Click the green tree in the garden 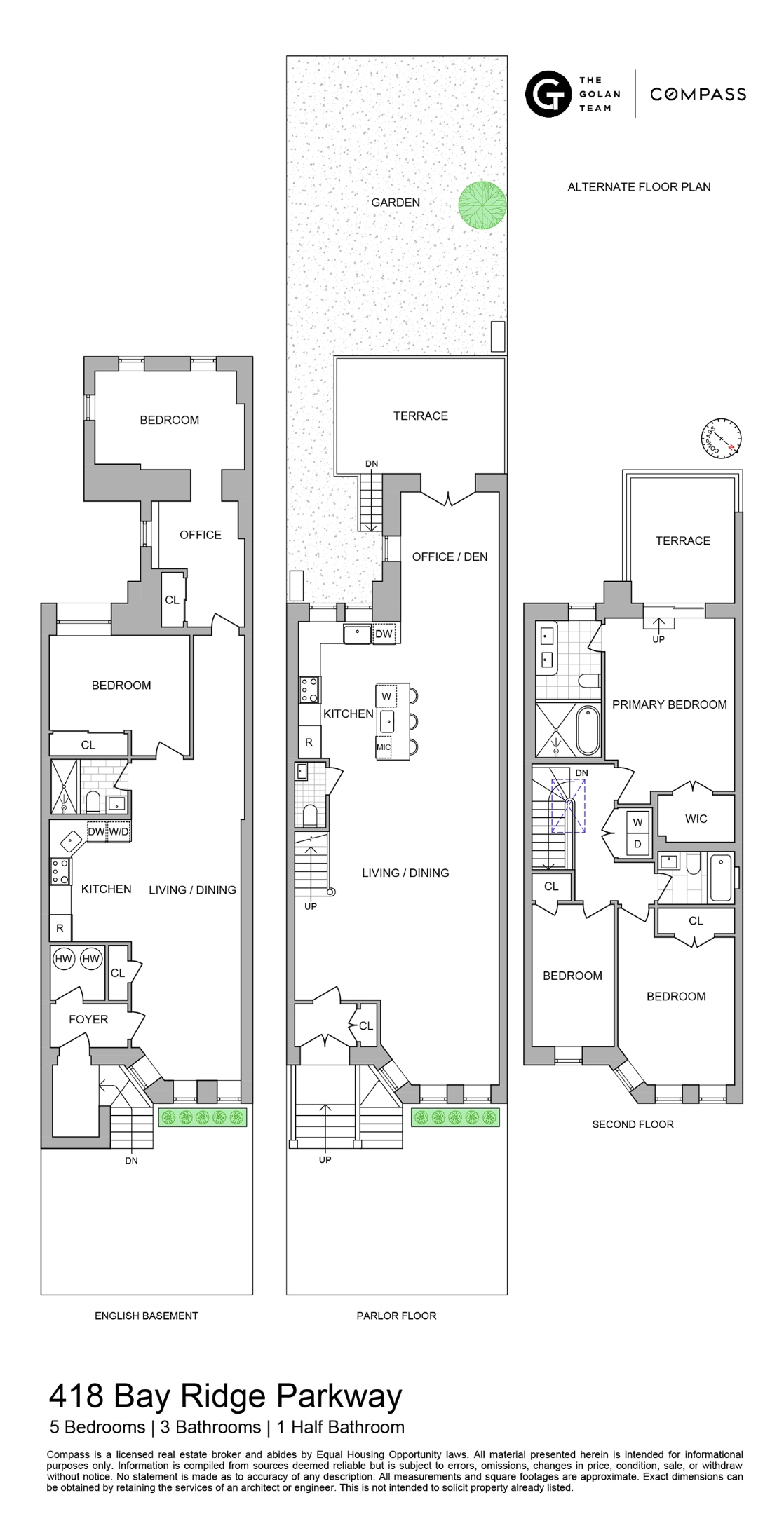pyautogui.click(x=482, y=205)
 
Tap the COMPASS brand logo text pyautogui.click(x=698, y=94)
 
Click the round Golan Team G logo pyautogui.click(x=548, y=93)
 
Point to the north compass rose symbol pyautogui.click(x=721, y=439)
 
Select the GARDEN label pyautogui.click(x=396, y=203)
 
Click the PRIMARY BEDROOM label pyautogui.click(x=670, y=704)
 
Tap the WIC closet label pyautogui.click(x=696, y=819)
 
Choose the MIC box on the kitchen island pyautogui.click(x=384, y=747)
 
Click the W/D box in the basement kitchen pyautogui.click(x=119, y=832)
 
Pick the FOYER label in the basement pyautogui.click(x=88, y=1019)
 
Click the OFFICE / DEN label pyautogui.click(x=450, y=557)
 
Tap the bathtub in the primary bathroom pyautogui.click(x=589, y=730)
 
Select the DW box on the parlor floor pyautogui.click(x=384, y=634)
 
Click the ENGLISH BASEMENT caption pyautogui.click(x=147, y=1316)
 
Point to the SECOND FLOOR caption pyautogui.click(x=633, y=1124)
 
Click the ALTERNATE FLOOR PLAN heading pyautogui.click(x=639, y=186)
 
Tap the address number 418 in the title pyautogui.click(x=76, y=1396)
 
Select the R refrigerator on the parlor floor pyautogui.click(x=309, y=742)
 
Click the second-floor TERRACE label pyautogui.click(x=683, y=540)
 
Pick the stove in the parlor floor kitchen pyautogui.click(x=309, y=689)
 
